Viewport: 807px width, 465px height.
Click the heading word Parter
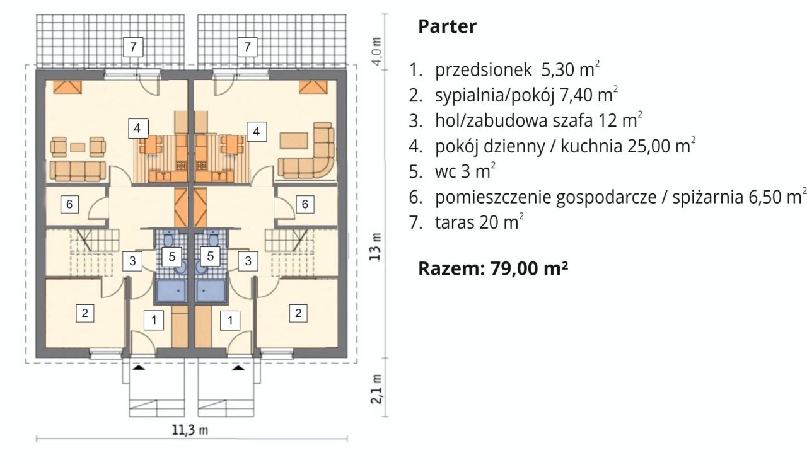coord(447,27)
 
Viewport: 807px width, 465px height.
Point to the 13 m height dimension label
coord(376,247)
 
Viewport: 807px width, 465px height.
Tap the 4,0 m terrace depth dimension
coord(376,52)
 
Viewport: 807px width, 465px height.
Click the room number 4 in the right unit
coord(256,131)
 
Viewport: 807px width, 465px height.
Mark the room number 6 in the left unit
coord(70,204)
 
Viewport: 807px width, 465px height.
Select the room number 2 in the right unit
coord(299,312)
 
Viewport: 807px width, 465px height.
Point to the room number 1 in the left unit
coord(153,320)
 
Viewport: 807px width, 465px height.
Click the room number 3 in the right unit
coord(249,260)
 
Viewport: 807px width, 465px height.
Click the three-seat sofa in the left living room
coord(78,170)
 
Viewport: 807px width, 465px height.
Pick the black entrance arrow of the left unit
coord(139,369)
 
